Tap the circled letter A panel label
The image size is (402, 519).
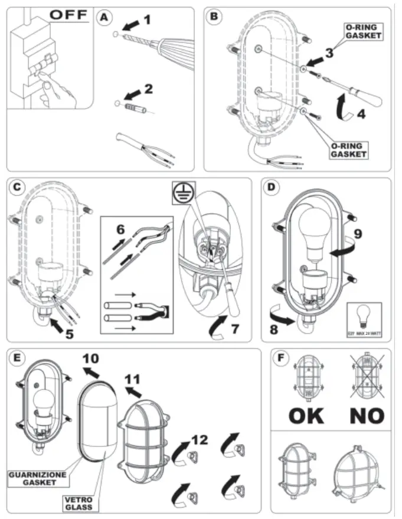tap(104, 18)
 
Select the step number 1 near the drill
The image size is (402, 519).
tap(147, 19)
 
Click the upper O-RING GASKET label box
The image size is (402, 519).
tap(362, 31)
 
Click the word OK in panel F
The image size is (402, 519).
tap(306, 415)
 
